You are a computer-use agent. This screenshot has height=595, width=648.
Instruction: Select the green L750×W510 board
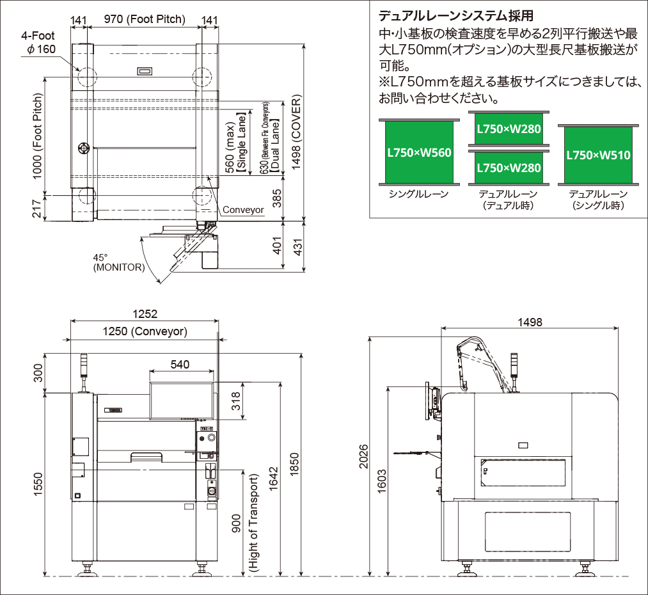[597, 155]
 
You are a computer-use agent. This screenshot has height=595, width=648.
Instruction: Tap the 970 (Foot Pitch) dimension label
[145, 19]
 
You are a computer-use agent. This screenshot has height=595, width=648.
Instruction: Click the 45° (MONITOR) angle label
[118, 262]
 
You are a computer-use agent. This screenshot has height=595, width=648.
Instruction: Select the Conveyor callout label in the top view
[243, 210]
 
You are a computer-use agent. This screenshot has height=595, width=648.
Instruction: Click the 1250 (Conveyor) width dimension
[145, 331]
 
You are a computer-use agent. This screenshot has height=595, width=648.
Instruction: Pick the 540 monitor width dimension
[181, 364]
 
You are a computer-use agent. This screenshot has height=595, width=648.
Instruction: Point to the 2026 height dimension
[364, 456]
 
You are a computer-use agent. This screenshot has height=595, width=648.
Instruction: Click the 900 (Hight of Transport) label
[246, 523]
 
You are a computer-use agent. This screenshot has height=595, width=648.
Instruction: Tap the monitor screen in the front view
[181, 400]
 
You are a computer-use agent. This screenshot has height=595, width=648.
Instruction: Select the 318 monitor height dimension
[236, 401]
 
